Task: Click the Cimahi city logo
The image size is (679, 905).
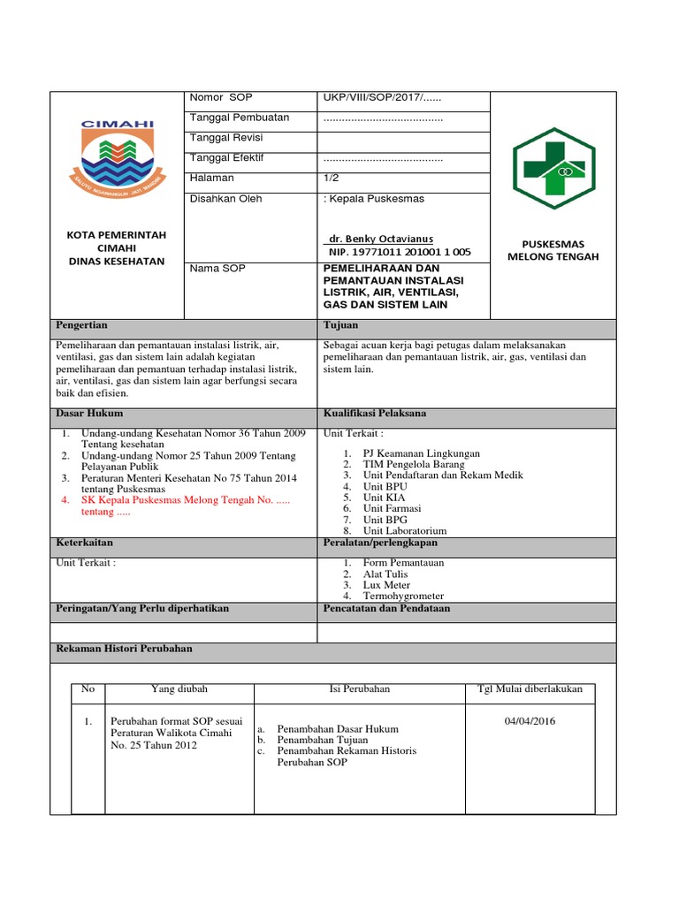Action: (x=118, y=158)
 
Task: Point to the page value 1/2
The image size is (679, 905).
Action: (x=332, y=179)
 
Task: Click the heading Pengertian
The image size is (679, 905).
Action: (x=81, y=325)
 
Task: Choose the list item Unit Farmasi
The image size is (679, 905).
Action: (x=392, y=508)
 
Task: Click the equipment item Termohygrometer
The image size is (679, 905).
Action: (x=403, y=597)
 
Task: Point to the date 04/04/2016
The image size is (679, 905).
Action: (x=530, y=721)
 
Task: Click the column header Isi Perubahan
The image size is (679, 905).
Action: (x=359, y=688)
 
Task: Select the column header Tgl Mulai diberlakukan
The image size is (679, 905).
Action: (x=530, y=688)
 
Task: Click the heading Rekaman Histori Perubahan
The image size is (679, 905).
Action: (x=124, y=649)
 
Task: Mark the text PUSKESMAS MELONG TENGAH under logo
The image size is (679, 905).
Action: (x=553, y=250)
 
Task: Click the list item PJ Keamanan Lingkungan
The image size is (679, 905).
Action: (x=415, y=452)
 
